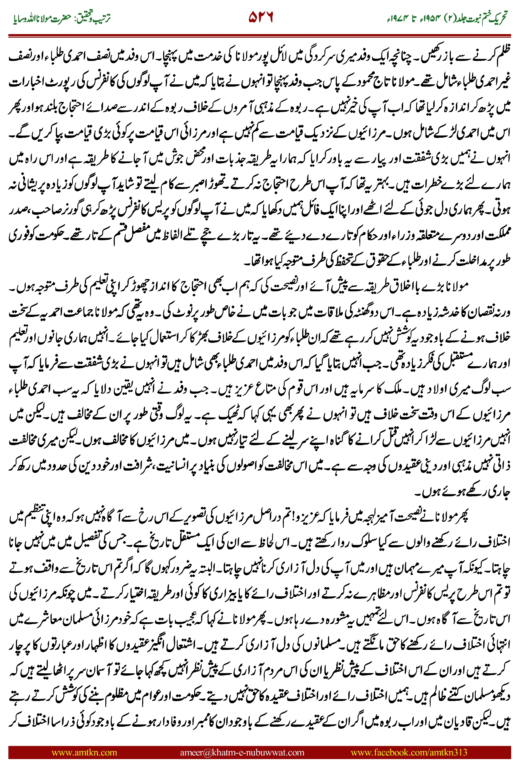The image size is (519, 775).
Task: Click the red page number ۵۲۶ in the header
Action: point(261,17)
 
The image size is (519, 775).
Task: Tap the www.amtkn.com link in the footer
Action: point(84,752)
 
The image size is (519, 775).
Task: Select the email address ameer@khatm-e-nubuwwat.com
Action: point(242,752)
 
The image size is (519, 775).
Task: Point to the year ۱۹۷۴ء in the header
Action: point(396,18)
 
